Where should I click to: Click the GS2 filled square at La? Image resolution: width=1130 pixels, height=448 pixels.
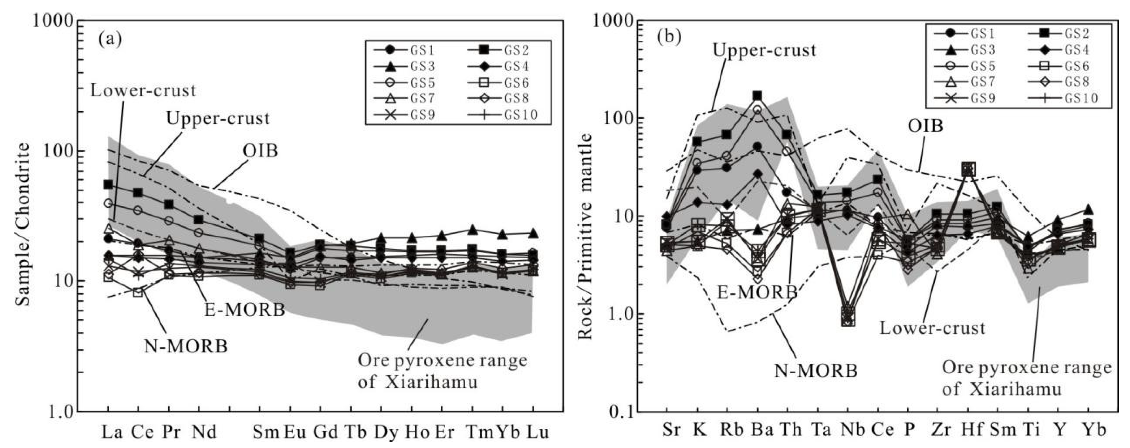click(x=108, y=184)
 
